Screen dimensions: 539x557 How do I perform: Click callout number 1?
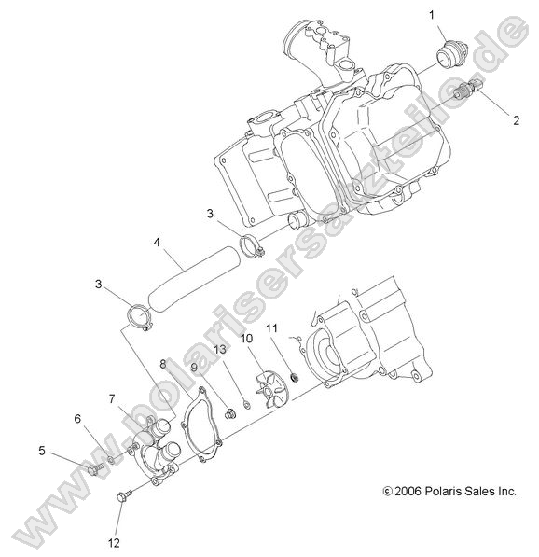(x=432, y=15)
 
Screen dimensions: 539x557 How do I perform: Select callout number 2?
(x=516, y=120)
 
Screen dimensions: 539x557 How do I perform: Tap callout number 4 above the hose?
(x=157, y=243)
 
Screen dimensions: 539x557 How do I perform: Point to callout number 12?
(x=114, y=543)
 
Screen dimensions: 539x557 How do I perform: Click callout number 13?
(x=220, y=349)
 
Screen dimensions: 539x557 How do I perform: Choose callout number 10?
(x=246, y=338)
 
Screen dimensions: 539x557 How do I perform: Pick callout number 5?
(x=42, y=451)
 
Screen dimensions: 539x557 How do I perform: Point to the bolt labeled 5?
(x=96, y=469)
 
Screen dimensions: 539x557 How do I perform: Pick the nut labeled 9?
(x=231, y=414)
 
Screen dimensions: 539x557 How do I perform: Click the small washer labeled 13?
(x=246, y=405)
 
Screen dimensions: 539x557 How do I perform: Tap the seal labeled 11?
(x=295, y=378)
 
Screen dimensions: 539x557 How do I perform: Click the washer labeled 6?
(x=111, y=461)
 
